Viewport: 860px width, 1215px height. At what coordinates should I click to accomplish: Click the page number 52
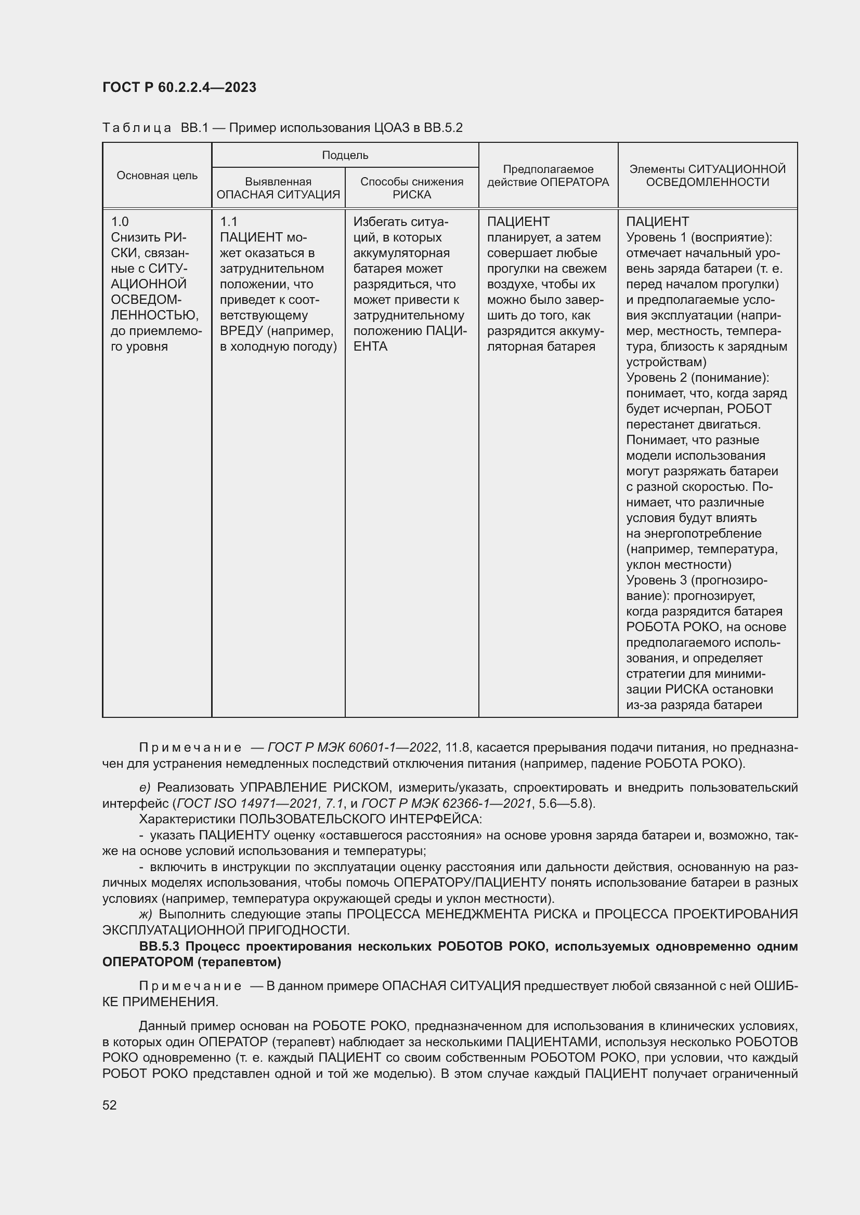click(110, 1104)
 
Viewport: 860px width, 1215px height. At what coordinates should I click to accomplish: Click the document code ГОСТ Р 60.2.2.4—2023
click(179, 87)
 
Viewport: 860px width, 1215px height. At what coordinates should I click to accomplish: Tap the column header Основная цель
click(157, 176)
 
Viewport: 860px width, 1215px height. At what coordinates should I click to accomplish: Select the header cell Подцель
click(345, 155)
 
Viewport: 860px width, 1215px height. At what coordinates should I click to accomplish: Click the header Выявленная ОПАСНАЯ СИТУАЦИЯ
click(278, 188)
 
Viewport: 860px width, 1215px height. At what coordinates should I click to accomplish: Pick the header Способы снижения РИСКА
click(411, 188)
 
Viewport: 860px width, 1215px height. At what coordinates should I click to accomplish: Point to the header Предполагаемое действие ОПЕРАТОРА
click(548, 176)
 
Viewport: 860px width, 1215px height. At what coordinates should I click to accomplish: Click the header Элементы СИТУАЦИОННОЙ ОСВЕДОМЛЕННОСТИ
click(707, 176)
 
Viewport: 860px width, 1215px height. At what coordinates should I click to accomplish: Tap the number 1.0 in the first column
click(120, 222)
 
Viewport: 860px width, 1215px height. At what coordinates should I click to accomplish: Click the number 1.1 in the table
click(229, 222)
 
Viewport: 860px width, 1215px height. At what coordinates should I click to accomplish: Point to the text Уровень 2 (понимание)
click(696, 378)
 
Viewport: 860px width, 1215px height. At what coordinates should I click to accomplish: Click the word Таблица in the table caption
click(137, 128)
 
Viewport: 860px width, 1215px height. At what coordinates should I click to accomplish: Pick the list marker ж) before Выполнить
click(145, 913)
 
